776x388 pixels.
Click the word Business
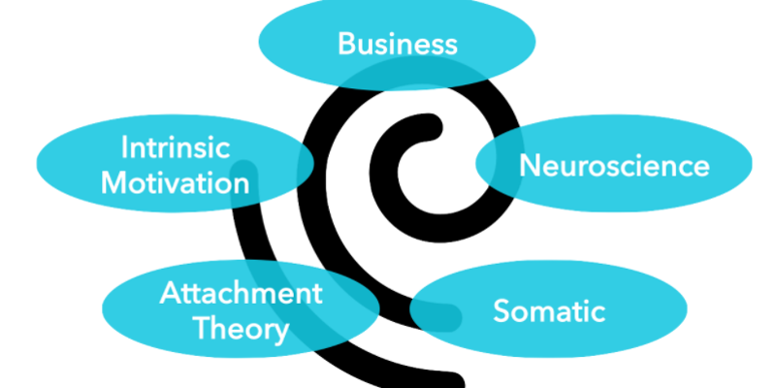tap(397, 44)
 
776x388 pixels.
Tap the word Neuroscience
tap(614, 166)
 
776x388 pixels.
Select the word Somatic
tap(549, 311)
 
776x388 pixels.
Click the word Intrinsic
tap(175, 148)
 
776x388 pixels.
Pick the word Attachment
tap(241, 294)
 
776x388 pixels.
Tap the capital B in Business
tap(347, 44)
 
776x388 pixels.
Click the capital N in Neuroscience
tap(530, 166)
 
